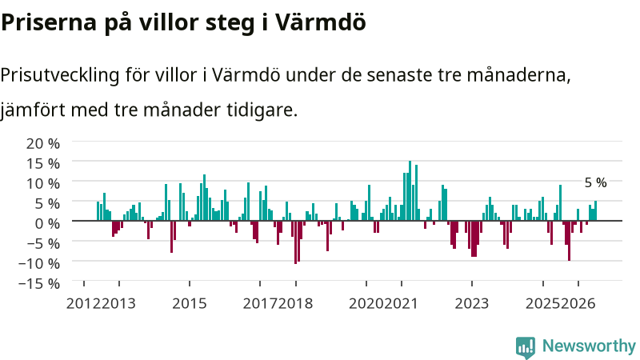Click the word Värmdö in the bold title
tap(319, 22)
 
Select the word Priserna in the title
tap(49, 22)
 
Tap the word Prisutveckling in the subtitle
tap(60, 76)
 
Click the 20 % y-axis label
tap(43, 143)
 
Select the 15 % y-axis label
tap(43, 163)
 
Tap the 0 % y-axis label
tap(47, 223)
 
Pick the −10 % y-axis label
tap(39, 263)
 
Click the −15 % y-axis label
tap(39, 283)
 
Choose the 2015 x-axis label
tap(190, 304)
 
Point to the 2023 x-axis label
tap(472, 304)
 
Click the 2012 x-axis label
tap(84, 304)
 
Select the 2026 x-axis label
tap(578, 304)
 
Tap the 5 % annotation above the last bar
tap(595, 183)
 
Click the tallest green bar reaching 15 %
tap(410, 190)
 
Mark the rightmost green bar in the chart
tap(595, 210)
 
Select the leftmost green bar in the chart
tap(98, 211)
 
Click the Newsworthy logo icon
tap(526, 347)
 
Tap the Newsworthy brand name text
tap(589, 346)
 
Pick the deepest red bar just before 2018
tap(295, 242)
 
